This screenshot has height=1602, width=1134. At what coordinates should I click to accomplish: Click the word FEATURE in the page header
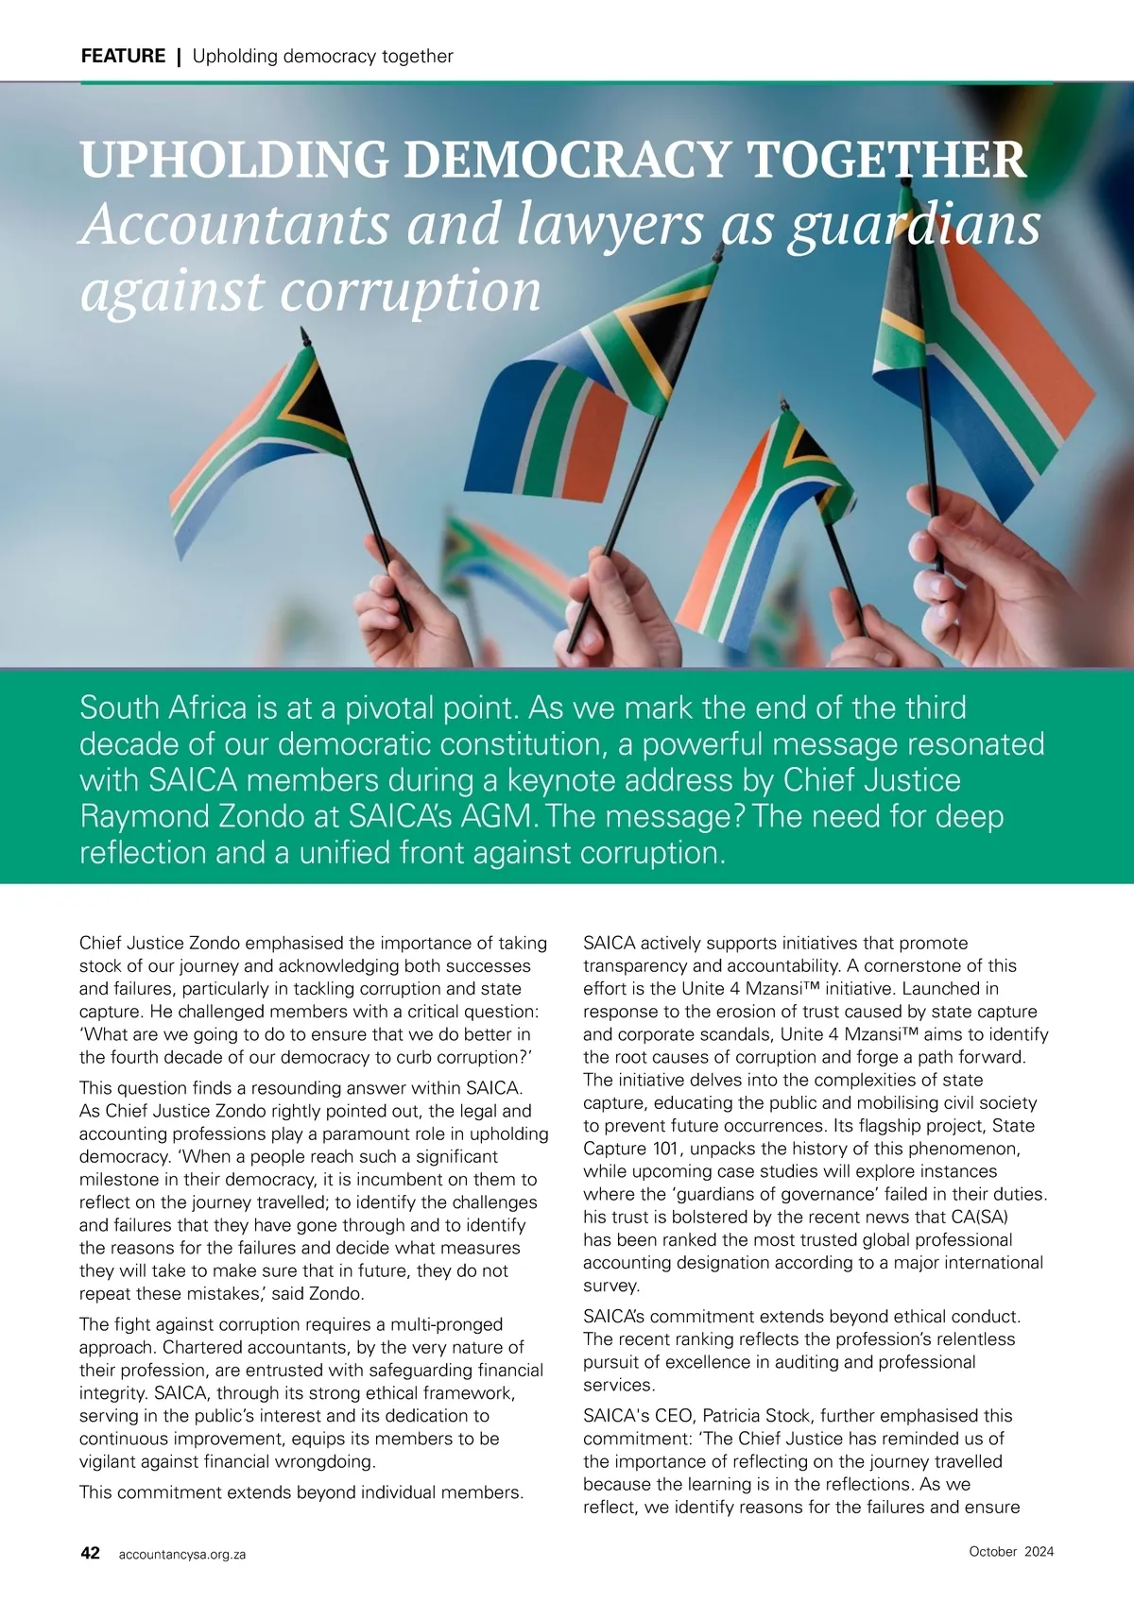pos(123,57)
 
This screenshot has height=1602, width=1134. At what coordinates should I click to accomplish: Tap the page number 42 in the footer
pos(91,1553)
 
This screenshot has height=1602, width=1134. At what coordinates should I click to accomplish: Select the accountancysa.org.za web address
pos(182,1554)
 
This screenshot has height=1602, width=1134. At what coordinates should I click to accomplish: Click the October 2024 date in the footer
pos(1011,1551)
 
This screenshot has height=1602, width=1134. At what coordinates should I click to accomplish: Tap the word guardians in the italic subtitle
pos(914,227)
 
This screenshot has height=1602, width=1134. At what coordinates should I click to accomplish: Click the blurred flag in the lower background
pos(501,567)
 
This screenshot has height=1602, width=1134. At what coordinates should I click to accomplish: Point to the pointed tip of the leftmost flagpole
pos(304,333)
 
